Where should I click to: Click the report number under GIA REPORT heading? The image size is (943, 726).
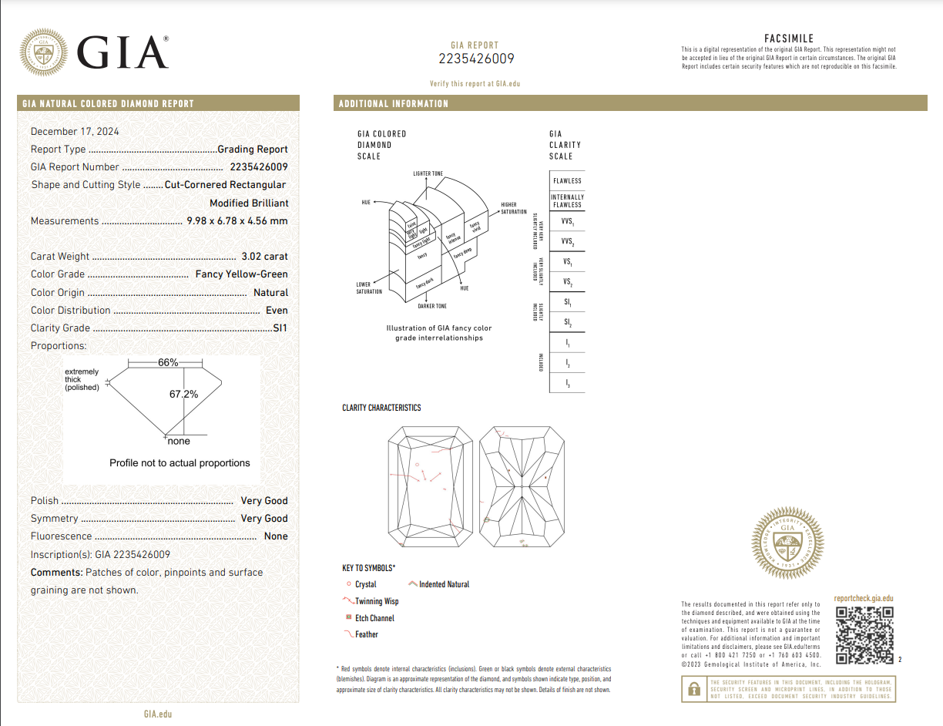point(475,59)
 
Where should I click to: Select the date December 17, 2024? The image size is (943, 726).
point(75,132)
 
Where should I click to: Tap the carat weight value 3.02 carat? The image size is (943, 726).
point(264,257)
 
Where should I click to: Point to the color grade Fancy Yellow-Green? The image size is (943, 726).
point(241,274)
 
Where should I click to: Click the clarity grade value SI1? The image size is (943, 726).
point(280,328)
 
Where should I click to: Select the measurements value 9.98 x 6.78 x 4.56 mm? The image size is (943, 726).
point(237,221)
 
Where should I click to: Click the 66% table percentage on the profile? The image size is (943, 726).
point(168,362)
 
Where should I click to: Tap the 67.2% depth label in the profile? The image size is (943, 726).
point(183,394)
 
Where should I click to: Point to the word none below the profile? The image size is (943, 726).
point(179,441)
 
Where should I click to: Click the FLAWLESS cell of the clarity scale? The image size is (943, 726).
point(567,180)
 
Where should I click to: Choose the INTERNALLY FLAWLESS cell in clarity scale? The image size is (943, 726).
point(567,200)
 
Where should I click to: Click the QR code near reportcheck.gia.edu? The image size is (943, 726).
point(864,636)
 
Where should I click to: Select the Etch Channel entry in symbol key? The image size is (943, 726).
point(374,618)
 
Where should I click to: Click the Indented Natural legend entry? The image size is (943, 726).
point(444,584)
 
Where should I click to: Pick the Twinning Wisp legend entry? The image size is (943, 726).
point(376,601)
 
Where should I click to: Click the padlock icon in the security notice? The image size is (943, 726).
point(694,688)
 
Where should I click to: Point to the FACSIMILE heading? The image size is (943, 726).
point(788,39)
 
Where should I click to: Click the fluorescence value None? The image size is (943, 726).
point(276,536)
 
